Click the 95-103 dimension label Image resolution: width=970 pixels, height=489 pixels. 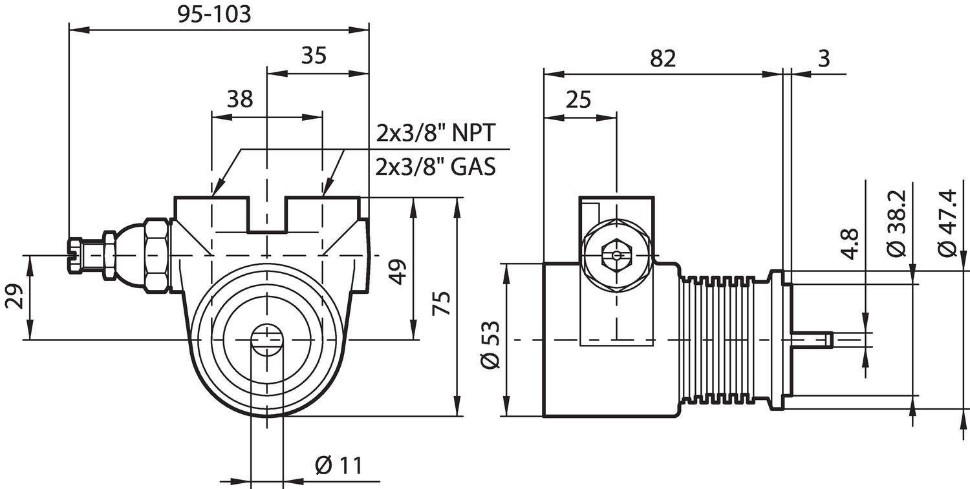[x=214, y=14]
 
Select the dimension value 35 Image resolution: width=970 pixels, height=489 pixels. [x=314, y=56]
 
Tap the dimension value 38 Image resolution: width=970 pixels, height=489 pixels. [x=240, y=99]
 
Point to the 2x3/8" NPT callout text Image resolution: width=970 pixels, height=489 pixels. [x=436, y=133]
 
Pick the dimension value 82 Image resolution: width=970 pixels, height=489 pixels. [x=663, y=58]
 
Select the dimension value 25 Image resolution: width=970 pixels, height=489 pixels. [x=578, y=99]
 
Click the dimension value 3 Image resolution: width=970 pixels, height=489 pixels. [x=823, y=58]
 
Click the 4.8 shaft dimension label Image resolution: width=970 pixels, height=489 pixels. [x=852, y=244]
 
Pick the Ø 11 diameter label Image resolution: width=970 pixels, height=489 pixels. [x=338, y=465]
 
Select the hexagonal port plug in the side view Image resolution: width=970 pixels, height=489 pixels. [x=615, y=255]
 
